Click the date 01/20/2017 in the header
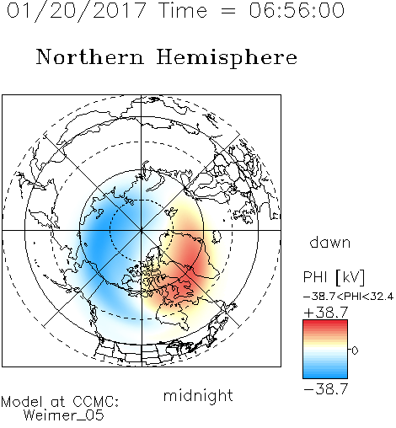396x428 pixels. tap(76, 11)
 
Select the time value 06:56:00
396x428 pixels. tap(297, 10)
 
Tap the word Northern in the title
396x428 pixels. tap(90, 56)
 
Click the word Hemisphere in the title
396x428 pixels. tap(227, 58)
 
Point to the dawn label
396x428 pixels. tap(330, 242)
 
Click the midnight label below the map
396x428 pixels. tap(198, 395)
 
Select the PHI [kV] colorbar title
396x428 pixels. tap(334, 277)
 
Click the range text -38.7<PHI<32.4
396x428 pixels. tap(348, 297)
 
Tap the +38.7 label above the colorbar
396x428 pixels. tap(326, 313)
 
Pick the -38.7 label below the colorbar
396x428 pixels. tap(326, 389)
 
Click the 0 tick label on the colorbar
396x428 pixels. tap(355, 350)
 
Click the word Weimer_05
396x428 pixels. tap(64, 415)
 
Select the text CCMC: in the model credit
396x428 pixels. tap(96, 402)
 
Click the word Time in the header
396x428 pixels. tap(183, 11)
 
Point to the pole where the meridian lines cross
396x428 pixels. tap(142, 230)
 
